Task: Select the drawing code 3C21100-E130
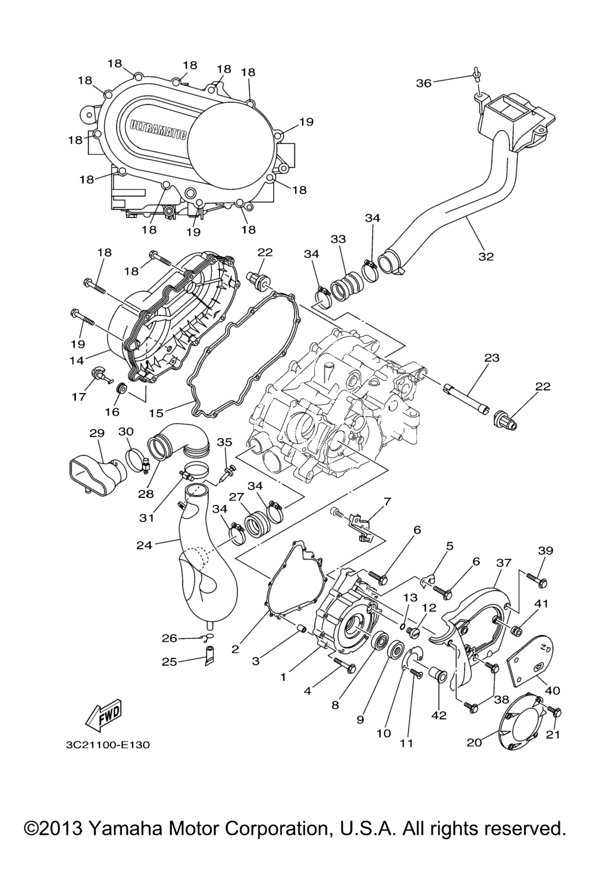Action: [x=108, y=745]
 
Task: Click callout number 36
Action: [x=423, y=83]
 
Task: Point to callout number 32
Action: [x=486, y=256]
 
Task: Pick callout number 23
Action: [x=491, y=358]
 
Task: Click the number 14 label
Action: [x=77, y=360]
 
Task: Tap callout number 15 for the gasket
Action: [x=156, y=413]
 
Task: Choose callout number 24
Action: [x=145, y=544]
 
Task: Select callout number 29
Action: [x=96, y=432]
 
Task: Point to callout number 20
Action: [x=474, y=743]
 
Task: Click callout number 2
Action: [x=235, y=649]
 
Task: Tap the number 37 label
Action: [x=504, y=562]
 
